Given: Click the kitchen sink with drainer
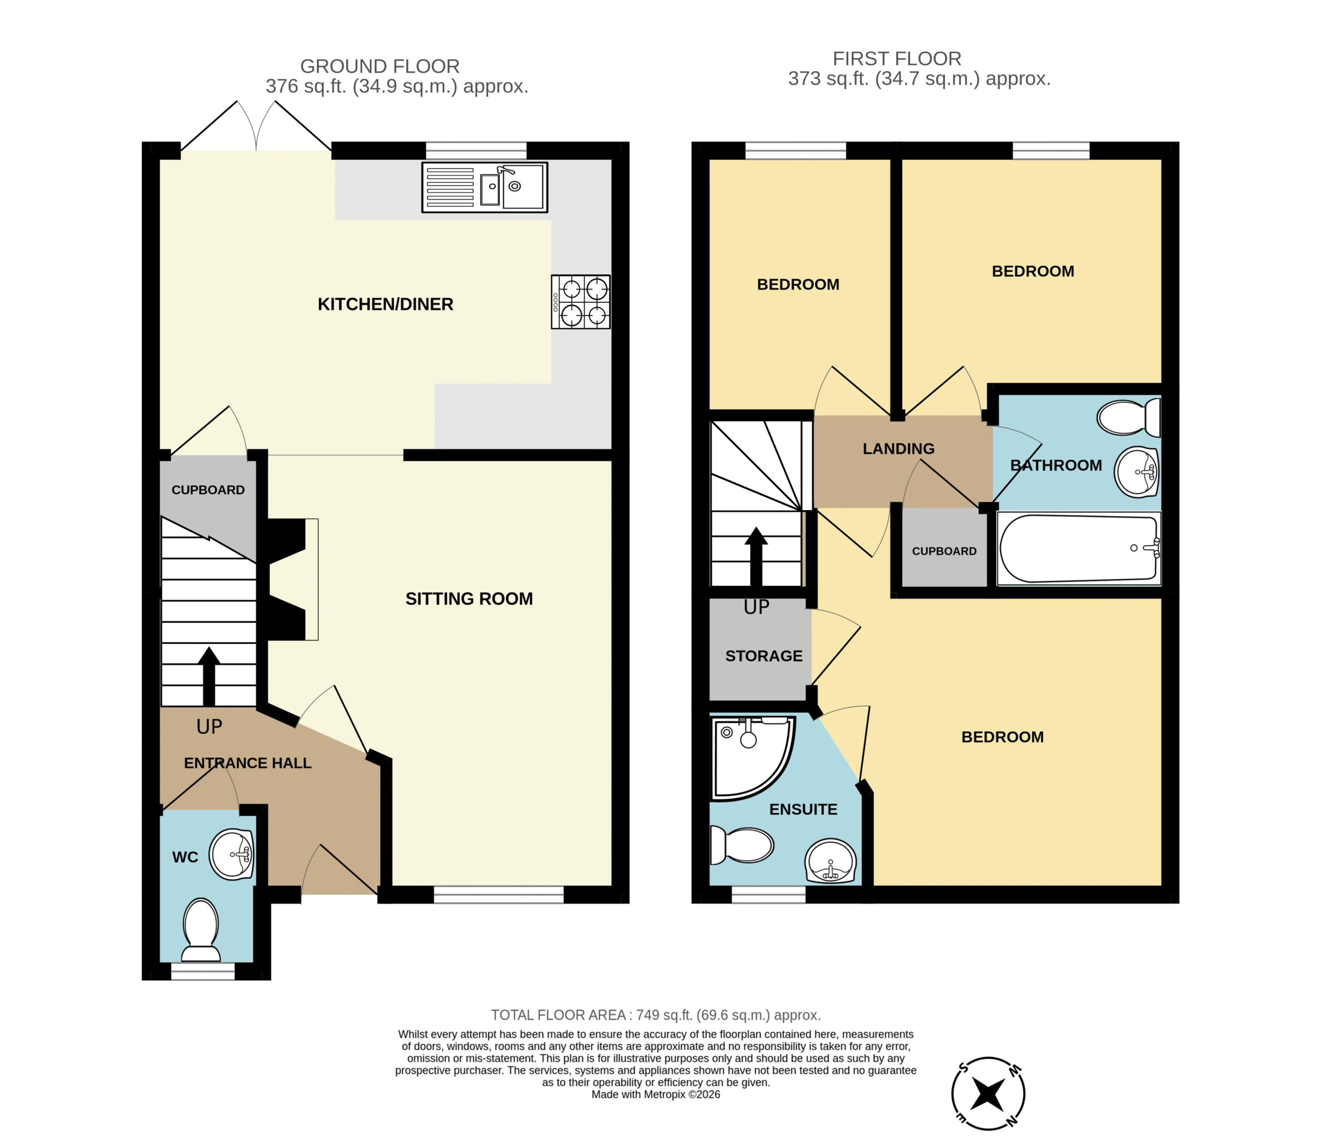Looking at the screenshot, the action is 485,187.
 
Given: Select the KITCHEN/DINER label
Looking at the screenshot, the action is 385,304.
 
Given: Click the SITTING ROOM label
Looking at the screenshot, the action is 469,599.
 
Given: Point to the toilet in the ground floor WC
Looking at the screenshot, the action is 201,931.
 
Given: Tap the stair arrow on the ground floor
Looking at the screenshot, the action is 208,676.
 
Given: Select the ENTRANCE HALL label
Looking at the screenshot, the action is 248,763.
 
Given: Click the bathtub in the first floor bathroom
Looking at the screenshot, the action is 1079,548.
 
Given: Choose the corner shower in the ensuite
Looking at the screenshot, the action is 753,758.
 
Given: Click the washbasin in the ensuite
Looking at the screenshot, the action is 830,862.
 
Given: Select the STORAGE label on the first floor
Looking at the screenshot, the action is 764,656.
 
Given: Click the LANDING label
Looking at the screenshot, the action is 898,449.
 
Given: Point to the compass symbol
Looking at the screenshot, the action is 988,1094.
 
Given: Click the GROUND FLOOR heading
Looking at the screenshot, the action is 380,66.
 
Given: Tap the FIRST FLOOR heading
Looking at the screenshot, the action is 897,59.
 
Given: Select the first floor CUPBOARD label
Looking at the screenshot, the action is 944,551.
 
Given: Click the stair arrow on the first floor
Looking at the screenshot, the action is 756,557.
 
